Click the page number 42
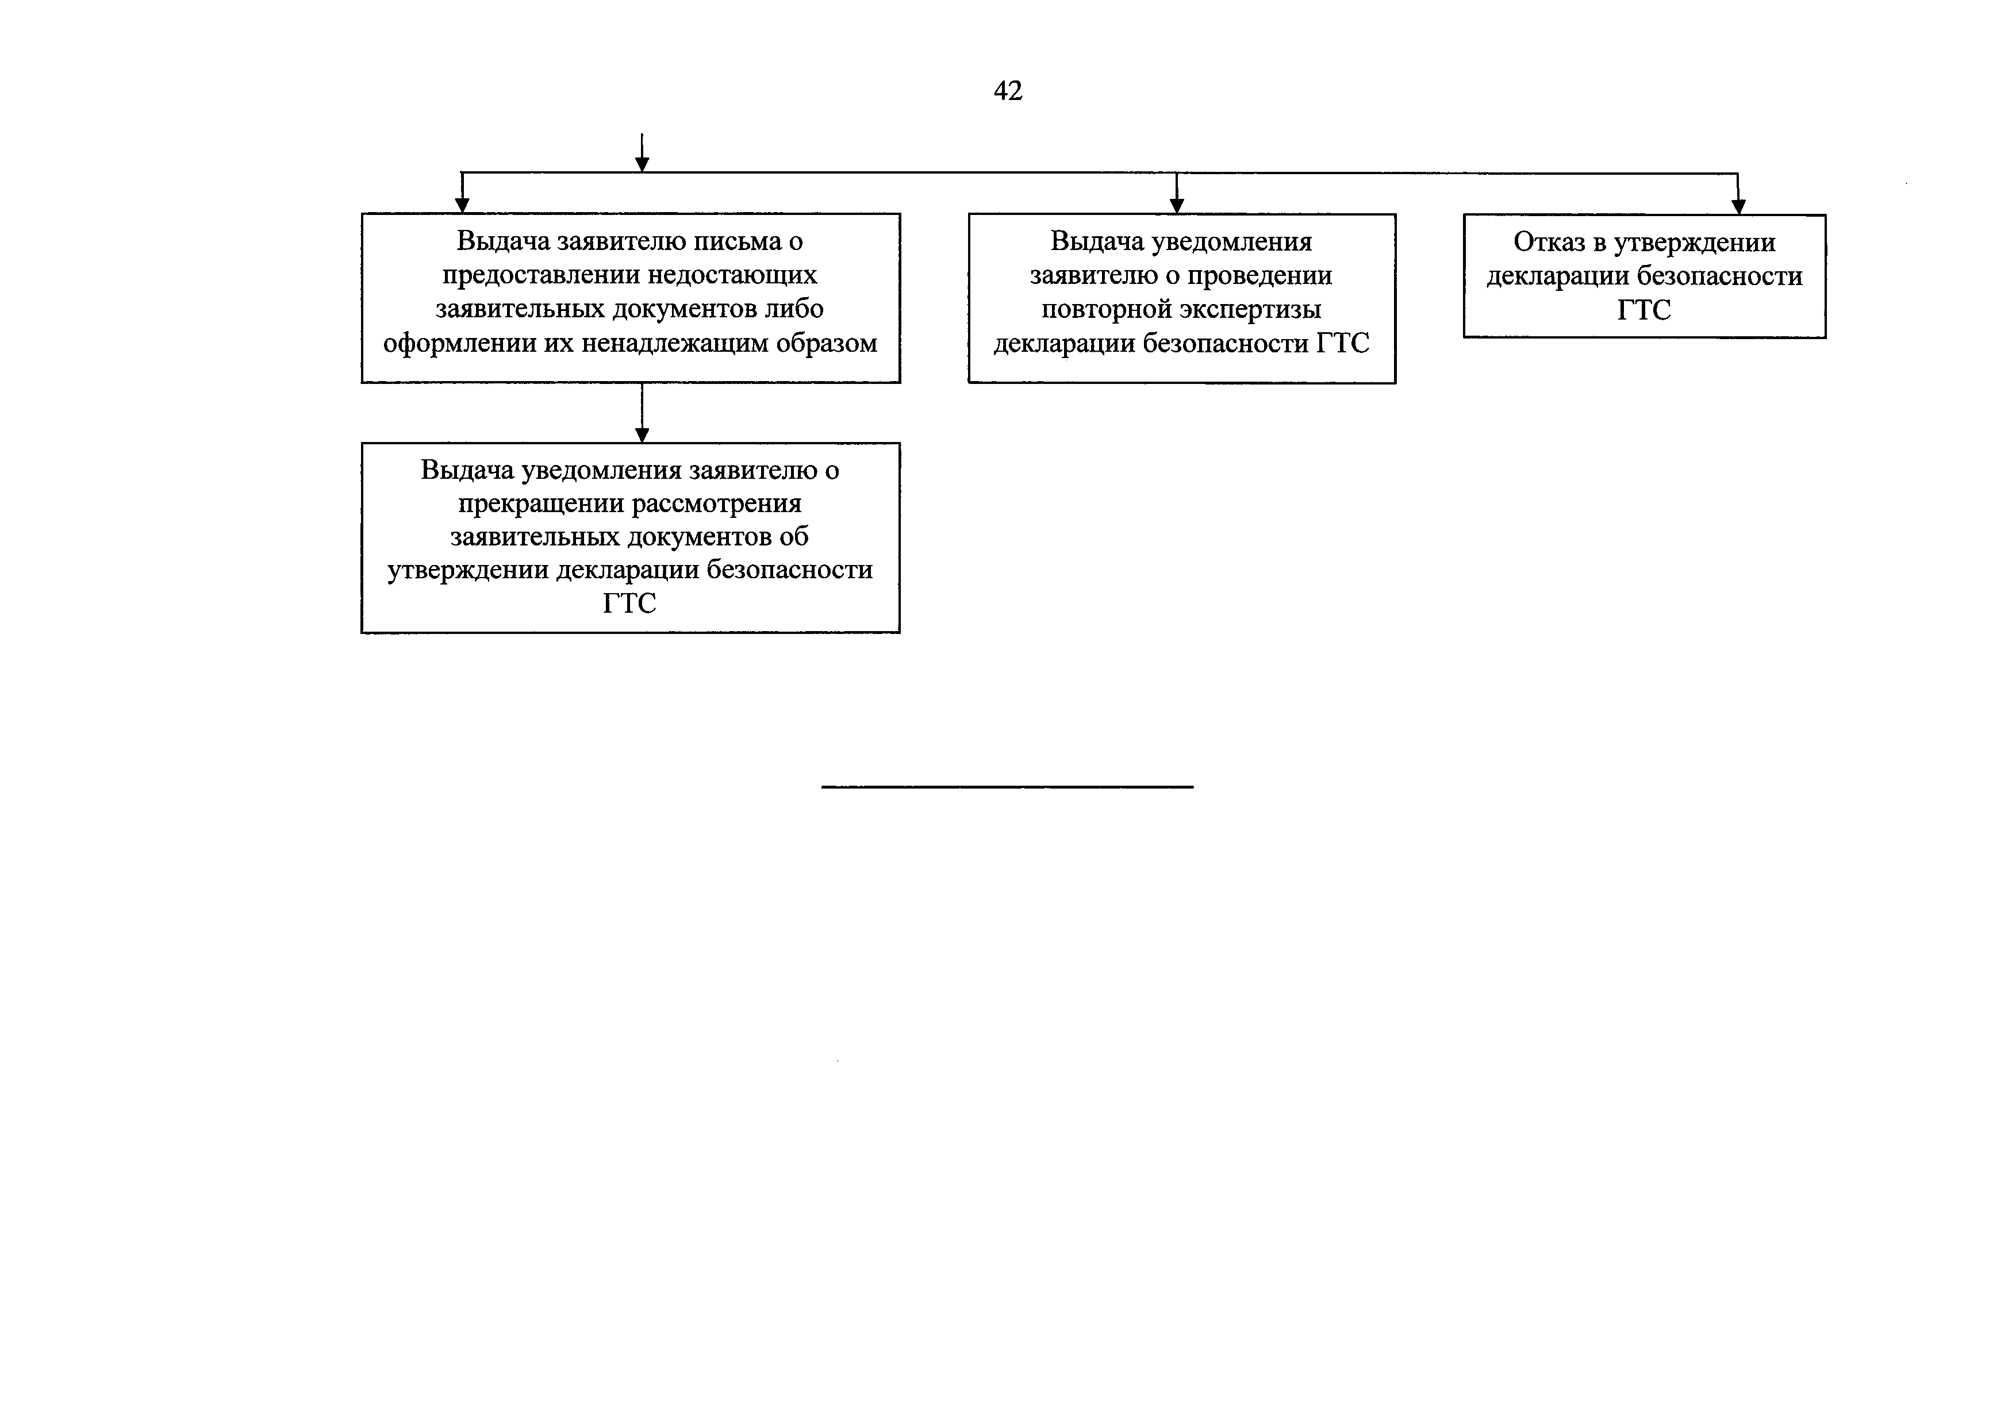(x=1008, y=90)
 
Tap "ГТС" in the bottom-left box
(x=629, y=604)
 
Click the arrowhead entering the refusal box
(x=1738, y=207)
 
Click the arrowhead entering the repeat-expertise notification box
(x=1177, y=206)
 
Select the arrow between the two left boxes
(x=642, y=413)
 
